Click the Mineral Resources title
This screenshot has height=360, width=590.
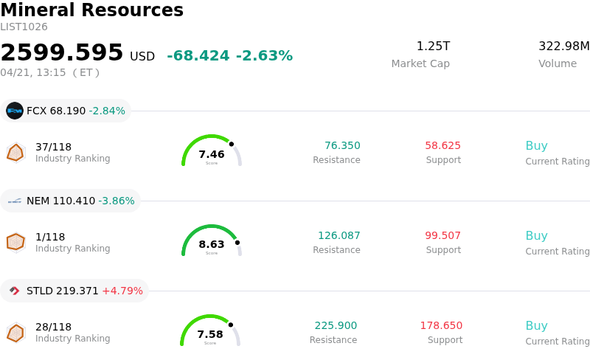pos(91,10)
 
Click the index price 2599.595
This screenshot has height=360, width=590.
pos(62,53)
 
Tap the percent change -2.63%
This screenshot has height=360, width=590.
pos(264,56)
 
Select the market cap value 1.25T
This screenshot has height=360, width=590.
pos(433,46)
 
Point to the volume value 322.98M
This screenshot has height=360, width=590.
pos(563,46)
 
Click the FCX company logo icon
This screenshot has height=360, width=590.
pos(15,111)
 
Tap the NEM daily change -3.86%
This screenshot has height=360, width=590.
pos(117,201)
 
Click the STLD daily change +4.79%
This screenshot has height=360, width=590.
pos(122,291)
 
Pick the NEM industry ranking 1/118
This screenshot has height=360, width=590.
pos(50,237)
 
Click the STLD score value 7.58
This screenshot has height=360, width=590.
pos(210,334)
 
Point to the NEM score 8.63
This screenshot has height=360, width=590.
pos(212,244)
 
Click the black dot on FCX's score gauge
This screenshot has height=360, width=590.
pos(231,144)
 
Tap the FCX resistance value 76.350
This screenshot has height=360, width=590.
pos(342,145)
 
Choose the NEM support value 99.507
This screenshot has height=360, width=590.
pos(442,235)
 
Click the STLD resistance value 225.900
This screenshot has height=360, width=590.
pos(336,325)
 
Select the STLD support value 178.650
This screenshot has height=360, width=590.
pos(441,325)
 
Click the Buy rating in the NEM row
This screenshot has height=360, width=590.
pos(536,236)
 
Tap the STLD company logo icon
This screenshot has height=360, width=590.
pos(15,291)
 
